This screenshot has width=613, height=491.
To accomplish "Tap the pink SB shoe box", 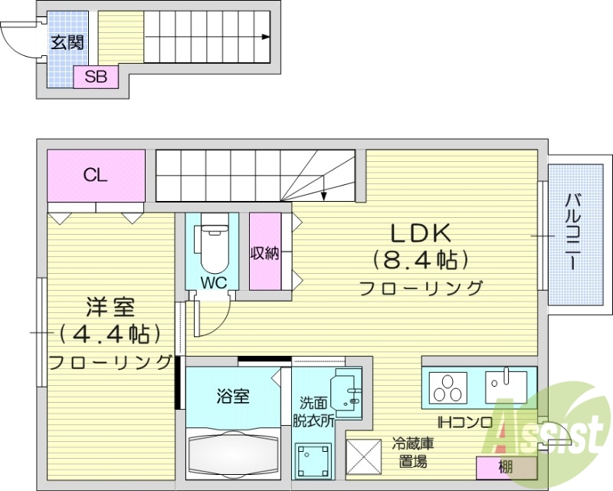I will coord(96,77).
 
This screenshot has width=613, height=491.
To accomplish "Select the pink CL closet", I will coord(96,175).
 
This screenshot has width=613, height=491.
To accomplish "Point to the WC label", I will coord(214,282).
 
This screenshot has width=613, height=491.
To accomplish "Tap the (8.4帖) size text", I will coord(420,260).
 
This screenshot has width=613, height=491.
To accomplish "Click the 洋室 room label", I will coord(110,308).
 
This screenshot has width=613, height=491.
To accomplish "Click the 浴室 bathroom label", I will coord(233,397).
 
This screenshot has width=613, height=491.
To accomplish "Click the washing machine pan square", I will coord(313,463).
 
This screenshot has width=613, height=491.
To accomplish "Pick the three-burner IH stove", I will coord(448,388).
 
